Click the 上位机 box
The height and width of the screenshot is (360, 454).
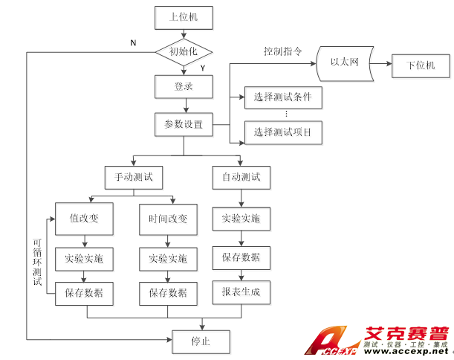point(184,16)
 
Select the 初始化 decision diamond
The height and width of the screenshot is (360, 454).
point(184,51)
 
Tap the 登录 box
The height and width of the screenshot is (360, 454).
point(184,86)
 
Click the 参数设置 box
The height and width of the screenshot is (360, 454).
point(184,124)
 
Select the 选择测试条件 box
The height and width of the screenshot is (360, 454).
point(282,96)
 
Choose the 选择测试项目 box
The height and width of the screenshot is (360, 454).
point(282,132)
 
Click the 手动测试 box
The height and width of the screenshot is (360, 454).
point(134,178)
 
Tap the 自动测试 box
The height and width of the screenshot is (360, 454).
point(241,178)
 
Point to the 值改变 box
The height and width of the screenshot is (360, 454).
point(84,219)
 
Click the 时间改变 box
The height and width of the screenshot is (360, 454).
point(168,219)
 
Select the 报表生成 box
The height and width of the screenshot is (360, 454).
point(241,292)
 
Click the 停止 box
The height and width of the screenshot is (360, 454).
point(201,341)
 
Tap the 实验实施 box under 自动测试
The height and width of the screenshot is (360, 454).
point(241,219)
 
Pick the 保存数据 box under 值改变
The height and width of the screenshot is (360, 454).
point(84,292)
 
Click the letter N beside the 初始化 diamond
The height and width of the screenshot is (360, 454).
point(133,42)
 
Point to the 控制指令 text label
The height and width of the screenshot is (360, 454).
point(283,52)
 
